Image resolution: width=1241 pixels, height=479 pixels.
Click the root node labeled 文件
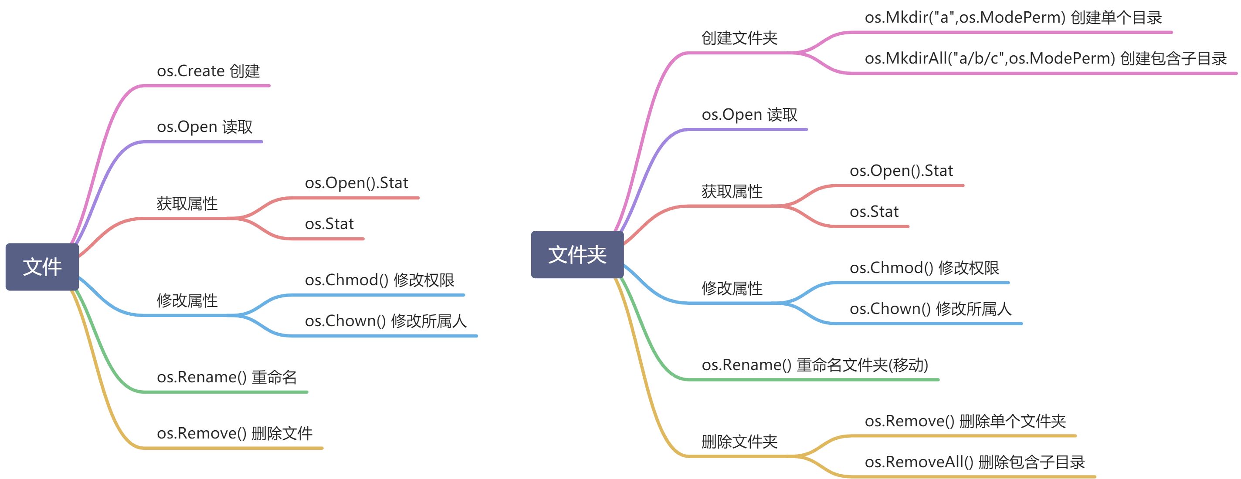pyautogui.click(x=42, y=266)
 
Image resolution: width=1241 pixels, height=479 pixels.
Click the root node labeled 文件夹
pyautogui.click(x=577, y=255)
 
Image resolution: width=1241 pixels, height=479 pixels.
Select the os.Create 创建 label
pyautogui.click(x=208, y=71)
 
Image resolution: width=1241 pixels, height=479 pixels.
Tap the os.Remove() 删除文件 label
pyautogui.click(x=234, y=433)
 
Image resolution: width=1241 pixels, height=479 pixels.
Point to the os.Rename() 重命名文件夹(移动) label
pyautogui.click(x=815, y=365)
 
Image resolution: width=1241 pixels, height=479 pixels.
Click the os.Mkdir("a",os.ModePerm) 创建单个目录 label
pyautogui.click(x=1013, y=18)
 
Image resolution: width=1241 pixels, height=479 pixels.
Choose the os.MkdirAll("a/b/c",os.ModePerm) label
pyautogui.click(x=990, y=59)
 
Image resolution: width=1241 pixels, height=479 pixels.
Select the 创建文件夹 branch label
pyautogui.click(x=739, y=38)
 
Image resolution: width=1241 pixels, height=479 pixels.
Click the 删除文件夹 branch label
pyautogui.click(x=739, y=442)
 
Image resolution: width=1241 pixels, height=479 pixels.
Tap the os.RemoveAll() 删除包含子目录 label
pyautogui.click(x=975, y=462)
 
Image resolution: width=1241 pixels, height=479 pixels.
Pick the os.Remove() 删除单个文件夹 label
pyautogui.click(x=965, y=421)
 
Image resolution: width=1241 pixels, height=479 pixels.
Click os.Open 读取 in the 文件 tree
pyautogui.click(x=205, y=127)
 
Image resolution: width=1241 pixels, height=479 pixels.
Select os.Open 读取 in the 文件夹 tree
pyautogui.click(x=749, y=115)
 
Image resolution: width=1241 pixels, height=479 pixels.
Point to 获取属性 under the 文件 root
pyautogui.click(x=187, y=204)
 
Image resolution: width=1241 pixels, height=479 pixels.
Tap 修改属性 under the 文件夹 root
pyautogui.click(x=732, y=288)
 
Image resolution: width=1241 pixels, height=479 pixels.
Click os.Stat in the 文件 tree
pyautogui.click(x=329, y=224)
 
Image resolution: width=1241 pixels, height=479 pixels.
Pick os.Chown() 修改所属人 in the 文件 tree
pyautogui.click(x=386, y=321)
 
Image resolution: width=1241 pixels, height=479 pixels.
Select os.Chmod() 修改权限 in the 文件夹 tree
pyautogui.click(x=925, y=268)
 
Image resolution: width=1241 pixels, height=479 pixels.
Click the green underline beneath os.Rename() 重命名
pyautogui.click(x=225, y=392)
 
